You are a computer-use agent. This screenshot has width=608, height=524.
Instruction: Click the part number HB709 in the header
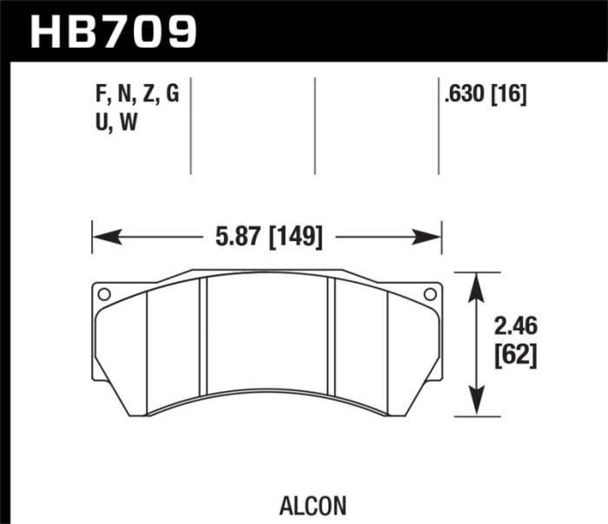[x=114, y=30]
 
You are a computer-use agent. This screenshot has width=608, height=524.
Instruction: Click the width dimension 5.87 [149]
[x=266, y=236]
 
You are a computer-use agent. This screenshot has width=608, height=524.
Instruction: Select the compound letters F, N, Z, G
[x=138, y=96]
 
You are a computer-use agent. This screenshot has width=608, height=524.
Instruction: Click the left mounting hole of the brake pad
[x=104, y=294]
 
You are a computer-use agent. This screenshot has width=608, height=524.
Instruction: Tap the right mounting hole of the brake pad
[x=426, y=294]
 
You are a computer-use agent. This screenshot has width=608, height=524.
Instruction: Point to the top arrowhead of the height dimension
[x=476, y=280]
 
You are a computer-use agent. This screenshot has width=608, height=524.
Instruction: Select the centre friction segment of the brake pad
[x=267, y=338]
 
